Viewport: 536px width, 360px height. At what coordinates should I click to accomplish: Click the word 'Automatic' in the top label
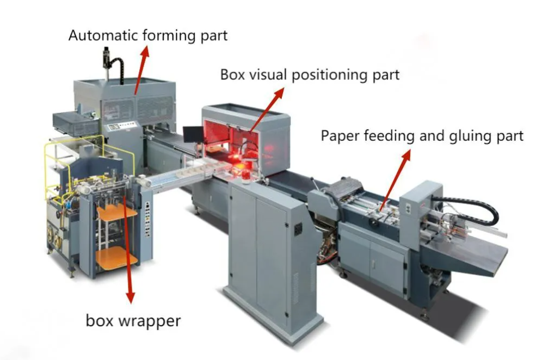point(103,35)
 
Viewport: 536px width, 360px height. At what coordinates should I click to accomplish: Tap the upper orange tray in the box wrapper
point(117,213)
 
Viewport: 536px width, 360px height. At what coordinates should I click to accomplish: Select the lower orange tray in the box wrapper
point(117,257)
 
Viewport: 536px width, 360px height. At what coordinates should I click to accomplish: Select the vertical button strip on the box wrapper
point(147,219)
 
